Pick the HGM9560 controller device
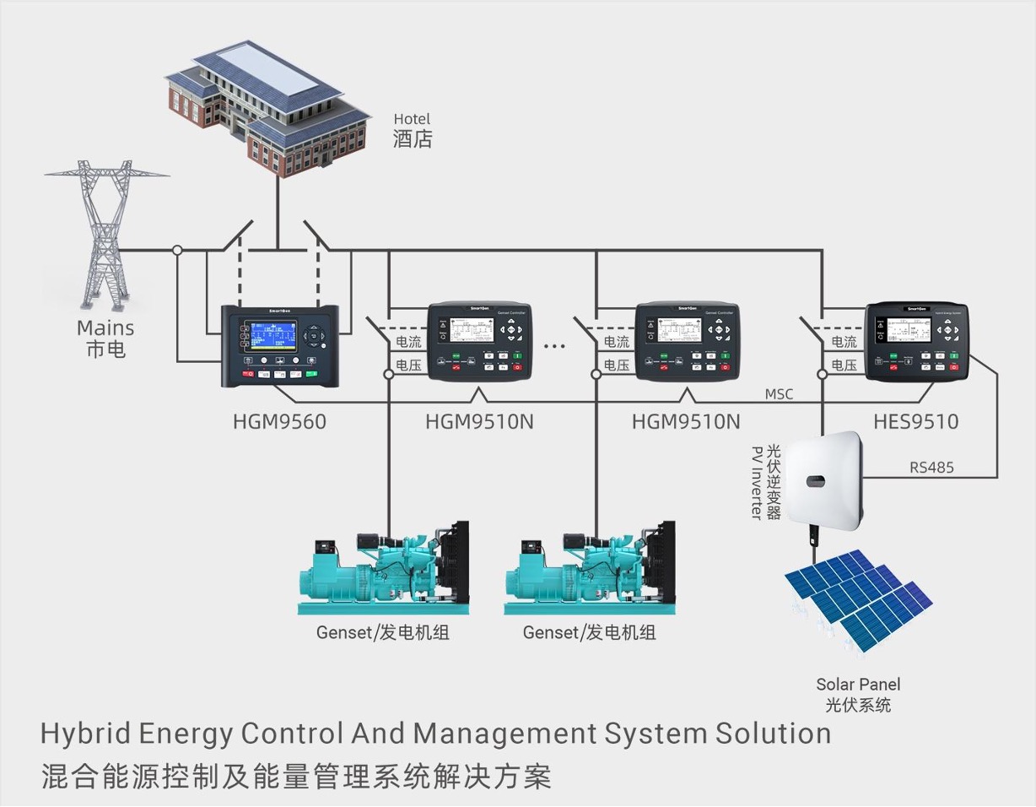point(280,345)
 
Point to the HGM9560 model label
point(279,420)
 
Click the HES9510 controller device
point(917,339)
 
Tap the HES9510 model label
point(916,420)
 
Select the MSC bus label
point(779,394)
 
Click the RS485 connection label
point(931,467)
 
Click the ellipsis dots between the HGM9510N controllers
point(554,344)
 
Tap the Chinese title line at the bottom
point(295,775)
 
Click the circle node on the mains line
point(177,250)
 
